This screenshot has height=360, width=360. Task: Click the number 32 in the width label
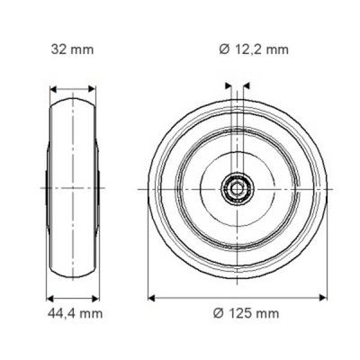click(57, 50)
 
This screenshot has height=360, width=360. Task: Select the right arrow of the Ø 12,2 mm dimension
click(245, 87)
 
